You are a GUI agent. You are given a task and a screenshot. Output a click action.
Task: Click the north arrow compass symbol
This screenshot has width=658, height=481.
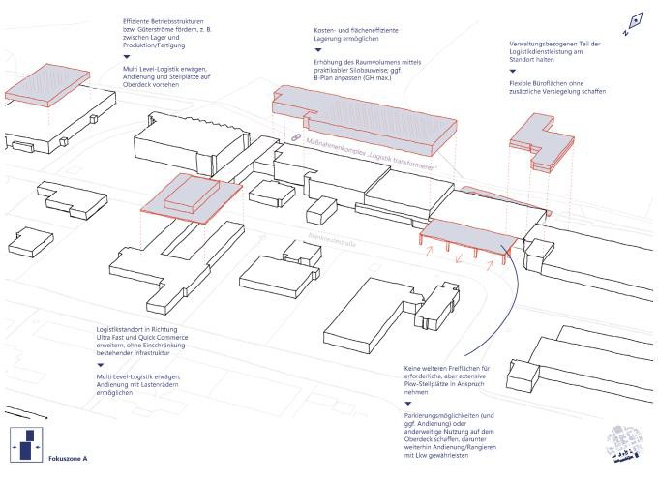[635, 20]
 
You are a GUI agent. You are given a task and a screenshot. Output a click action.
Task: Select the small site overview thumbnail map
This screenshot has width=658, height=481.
[622, 447]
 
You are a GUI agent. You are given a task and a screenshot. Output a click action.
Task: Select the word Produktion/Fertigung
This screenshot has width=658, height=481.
[157, 46]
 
